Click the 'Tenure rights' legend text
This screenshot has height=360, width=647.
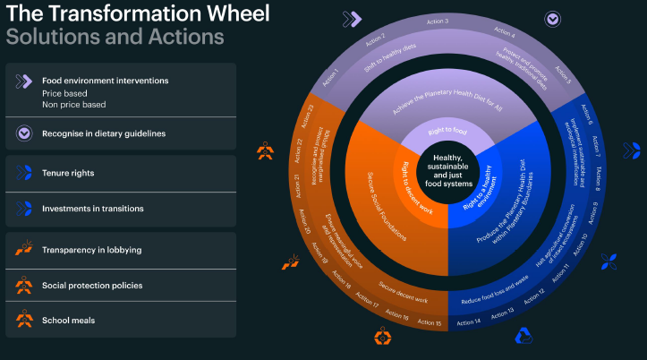[x=68, y=173]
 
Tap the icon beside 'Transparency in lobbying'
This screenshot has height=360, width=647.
[x=23, y=250]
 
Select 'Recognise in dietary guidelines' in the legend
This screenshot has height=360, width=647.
[x=103, y=133]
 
